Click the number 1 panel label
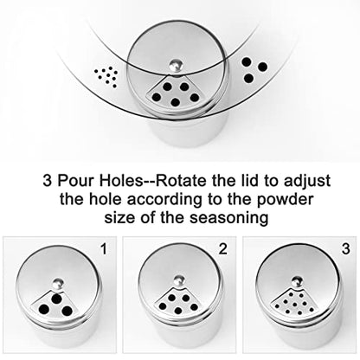click(104, 249)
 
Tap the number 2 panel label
click(223, 249)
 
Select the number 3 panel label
click(346, 249)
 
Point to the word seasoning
click(228, 217)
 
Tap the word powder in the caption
click(285, 199)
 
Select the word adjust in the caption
click(307, 182)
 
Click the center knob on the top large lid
click(176, 65)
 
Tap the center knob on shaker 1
click(59, 283)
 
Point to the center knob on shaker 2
click(179, 280)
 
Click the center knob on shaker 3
click(298, 281)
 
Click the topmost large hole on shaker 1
click(56, 299)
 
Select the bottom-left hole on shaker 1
click(44, 310)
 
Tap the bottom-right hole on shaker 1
click(67, 311)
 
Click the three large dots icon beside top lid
click(254, 69)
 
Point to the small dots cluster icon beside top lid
click(106, 77)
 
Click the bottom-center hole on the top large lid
click(175, 102)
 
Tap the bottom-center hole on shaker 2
click(178, 311)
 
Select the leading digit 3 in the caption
click(47, 181)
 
